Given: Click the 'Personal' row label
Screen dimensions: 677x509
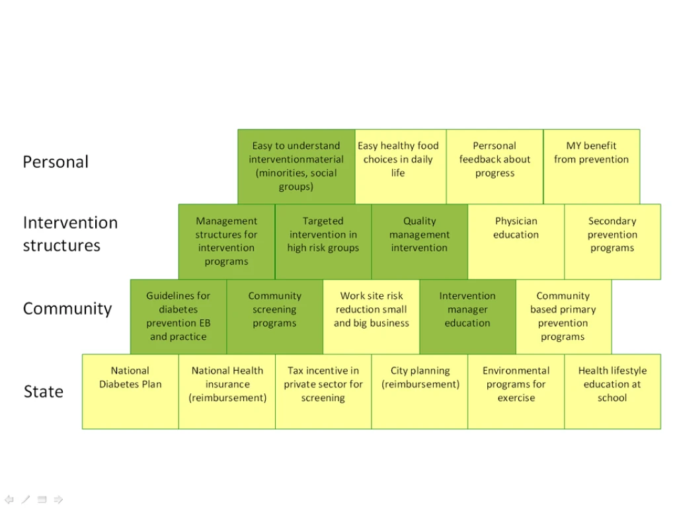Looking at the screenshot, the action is pyautogui.click(x=56, y=163).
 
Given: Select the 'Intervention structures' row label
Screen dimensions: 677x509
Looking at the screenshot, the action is pyautogui.click(x=70, y=234).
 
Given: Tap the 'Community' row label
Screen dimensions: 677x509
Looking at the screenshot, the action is pyautogui.click(x=67, y=309).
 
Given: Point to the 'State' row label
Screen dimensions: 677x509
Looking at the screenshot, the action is pyautogui.click(x=43, y=391).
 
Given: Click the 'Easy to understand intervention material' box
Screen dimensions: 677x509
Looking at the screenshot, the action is pyautogui.click(x=296, y=167).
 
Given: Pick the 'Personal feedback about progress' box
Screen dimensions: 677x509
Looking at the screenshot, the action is pyautogui.click(x=495, y=167).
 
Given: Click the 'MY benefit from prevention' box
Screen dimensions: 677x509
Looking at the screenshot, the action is pyautogui.click(x=592, y=167).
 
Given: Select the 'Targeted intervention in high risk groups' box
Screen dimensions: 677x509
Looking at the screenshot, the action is pyautogui.click(x=323, y=242).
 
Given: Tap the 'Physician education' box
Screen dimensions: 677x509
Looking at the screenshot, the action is pyautogui.click(x=516, y=242).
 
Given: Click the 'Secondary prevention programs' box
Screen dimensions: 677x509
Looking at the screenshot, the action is pyautogui.click(x=613, y=242).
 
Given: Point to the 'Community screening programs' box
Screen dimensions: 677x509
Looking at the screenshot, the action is pyautogui.click(x=274, y=317).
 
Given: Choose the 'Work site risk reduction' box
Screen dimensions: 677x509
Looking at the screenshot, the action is pyautogui.click(x=372, y=317).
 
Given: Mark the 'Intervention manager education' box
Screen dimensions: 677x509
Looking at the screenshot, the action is pyautogui.click(x=467, y=317).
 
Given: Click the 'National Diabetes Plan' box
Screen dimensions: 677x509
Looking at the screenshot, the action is pyautogui.click(x=130, y=391).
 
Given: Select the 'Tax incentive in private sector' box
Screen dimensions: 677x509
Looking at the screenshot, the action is pyautogui.click(x=323, y=391).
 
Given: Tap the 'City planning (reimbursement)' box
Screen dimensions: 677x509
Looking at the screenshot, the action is pyautogui.click(x=420, y=391).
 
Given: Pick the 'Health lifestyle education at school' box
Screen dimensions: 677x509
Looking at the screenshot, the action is pyautogui.click(x=613, y=391).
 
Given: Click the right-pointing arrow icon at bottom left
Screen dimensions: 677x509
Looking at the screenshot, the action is pyautogui.click(x=58, y=500).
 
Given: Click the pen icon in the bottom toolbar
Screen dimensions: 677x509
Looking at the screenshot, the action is pyautogui.click(x=26, y=500).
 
